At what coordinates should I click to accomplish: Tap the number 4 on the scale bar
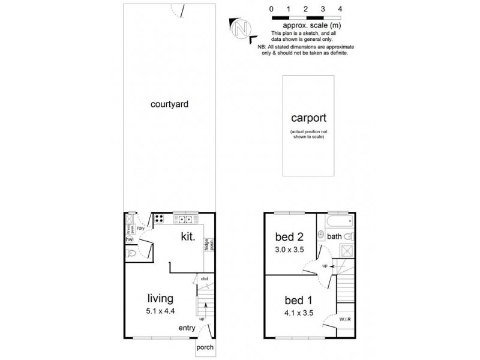340,9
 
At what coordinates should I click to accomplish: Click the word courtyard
169,104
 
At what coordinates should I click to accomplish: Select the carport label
308,118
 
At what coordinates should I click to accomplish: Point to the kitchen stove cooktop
160,218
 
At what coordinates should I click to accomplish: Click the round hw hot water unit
128,239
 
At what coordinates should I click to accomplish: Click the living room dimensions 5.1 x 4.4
161,311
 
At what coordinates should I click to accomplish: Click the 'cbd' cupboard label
204,278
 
